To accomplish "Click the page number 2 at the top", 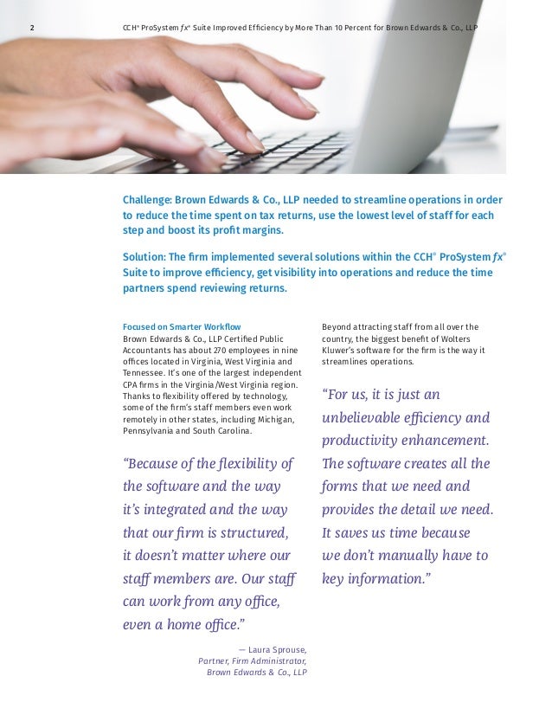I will click(x=33, y=28).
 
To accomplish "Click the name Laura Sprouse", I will click(x=277, y=647).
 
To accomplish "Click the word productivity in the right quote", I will click(x=365, y=440).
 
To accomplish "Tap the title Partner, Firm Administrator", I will click(x=253, y=660).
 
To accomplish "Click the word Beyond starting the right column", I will click(x=337, y=326).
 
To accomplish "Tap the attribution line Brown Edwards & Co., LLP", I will click(x=257, y=672).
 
